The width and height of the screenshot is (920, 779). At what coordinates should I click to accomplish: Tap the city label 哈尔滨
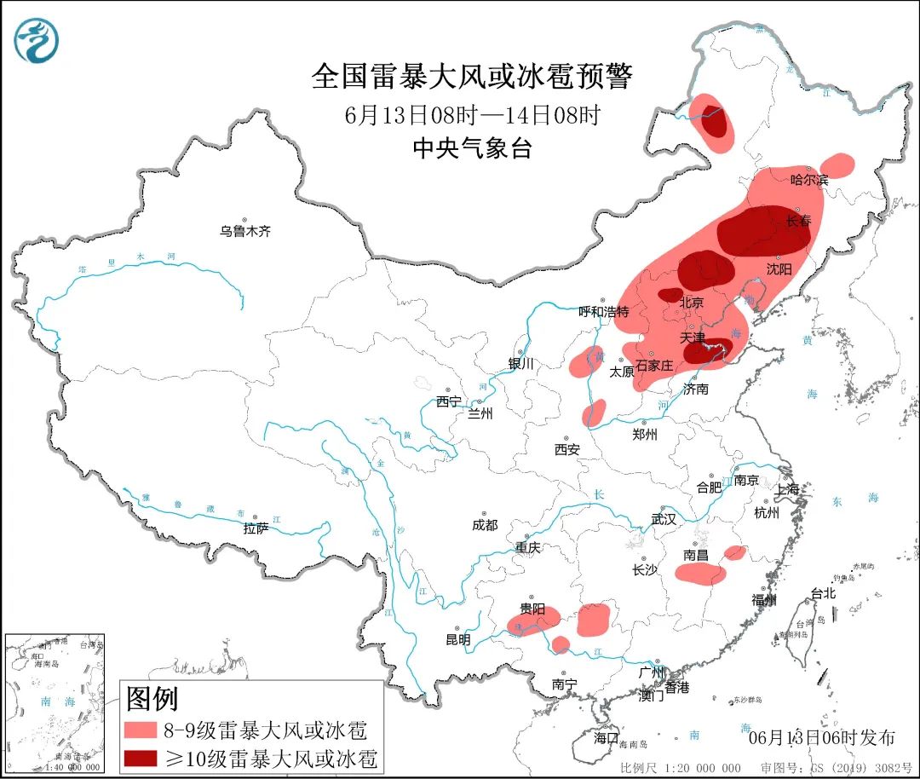click(808, 180)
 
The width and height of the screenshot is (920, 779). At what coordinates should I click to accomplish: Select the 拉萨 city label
click(256, 528)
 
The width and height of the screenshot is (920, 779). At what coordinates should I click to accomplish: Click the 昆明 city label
click(457, 639)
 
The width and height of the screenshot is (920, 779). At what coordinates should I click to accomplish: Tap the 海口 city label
click(606, 737)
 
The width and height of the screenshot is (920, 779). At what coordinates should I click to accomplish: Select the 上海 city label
click(787, 490)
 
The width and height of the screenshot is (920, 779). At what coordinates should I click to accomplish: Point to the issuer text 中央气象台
click(472, 148)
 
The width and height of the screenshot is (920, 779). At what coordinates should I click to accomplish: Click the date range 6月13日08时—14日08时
click(472, 114)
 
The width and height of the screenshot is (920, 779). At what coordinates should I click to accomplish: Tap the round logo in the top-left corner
click(37, 41)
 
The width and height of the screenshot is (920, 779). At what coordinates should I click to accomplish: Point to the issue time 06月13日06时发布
click(821, 737)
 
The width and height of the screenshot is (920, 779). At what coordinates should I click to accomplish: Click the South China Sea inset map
click(54, 703)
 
